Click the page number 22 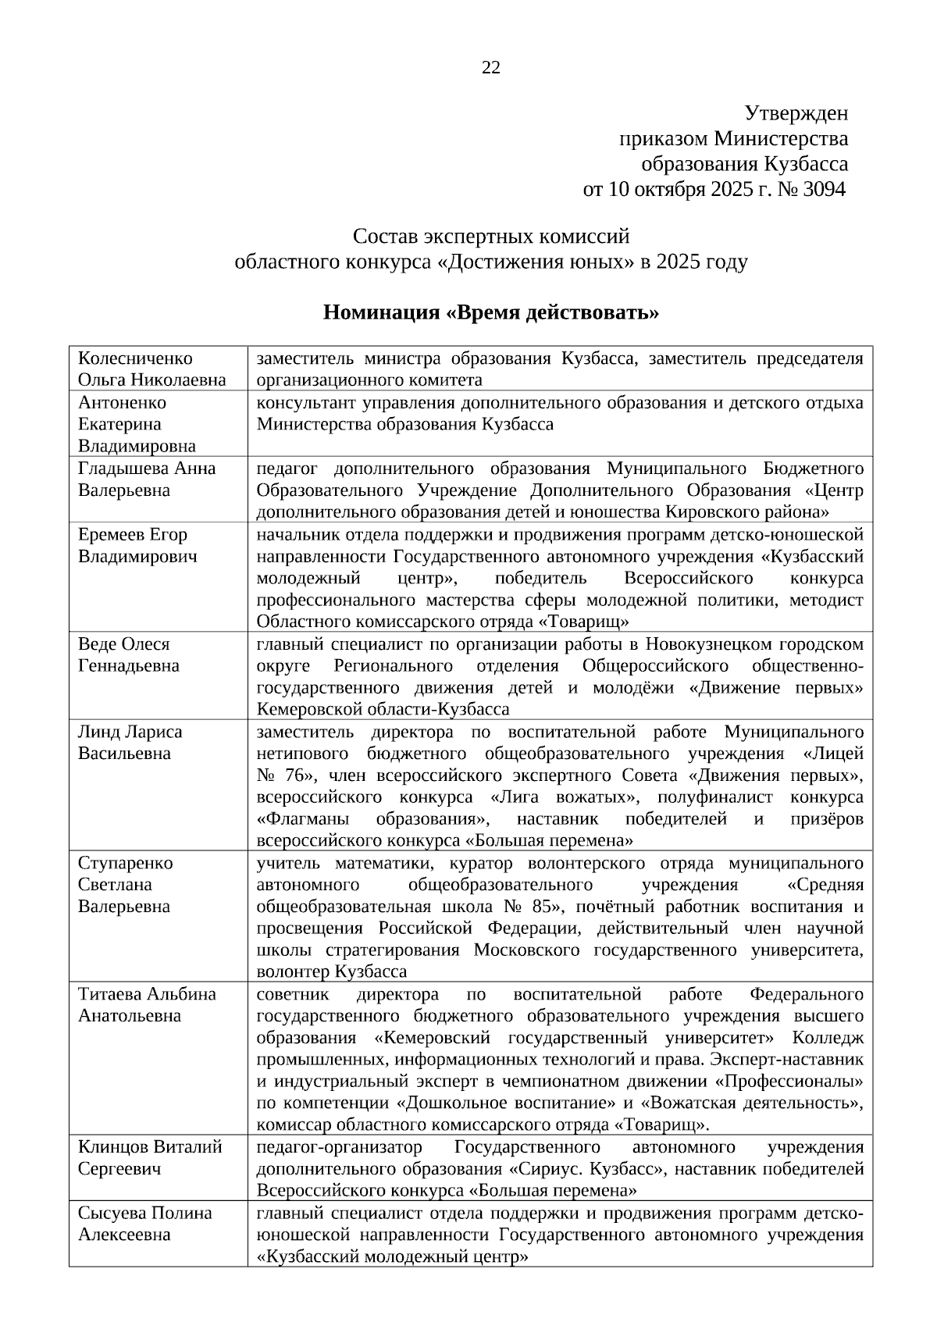pyautogui.click(x=490, y=68)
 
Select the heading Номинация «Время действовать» pyautogui.click(x=491, y=313)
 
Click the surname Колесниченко pyautogui.click(x=135, y=358)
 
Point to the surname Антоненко pyautogui.click(x=123, y=403)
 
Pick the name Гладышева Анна pyautogui.click(x=147, y=469)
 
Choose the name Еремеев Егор pyautogui.click(x=133, y=535)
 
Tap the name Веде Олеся pyautogui.click(x=123, y=644)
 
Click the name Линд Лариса pyautogui.click(x=130, y=732)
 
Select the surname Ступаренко pyautogui.click(x=126, y=863)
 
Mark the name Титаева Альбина pyautogui.click(x=147, y=994)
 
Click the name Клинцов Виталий pyautogui.click(x=150, y=1147)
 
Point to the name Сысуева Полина pyautogui.click(x=144, y=1213)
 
